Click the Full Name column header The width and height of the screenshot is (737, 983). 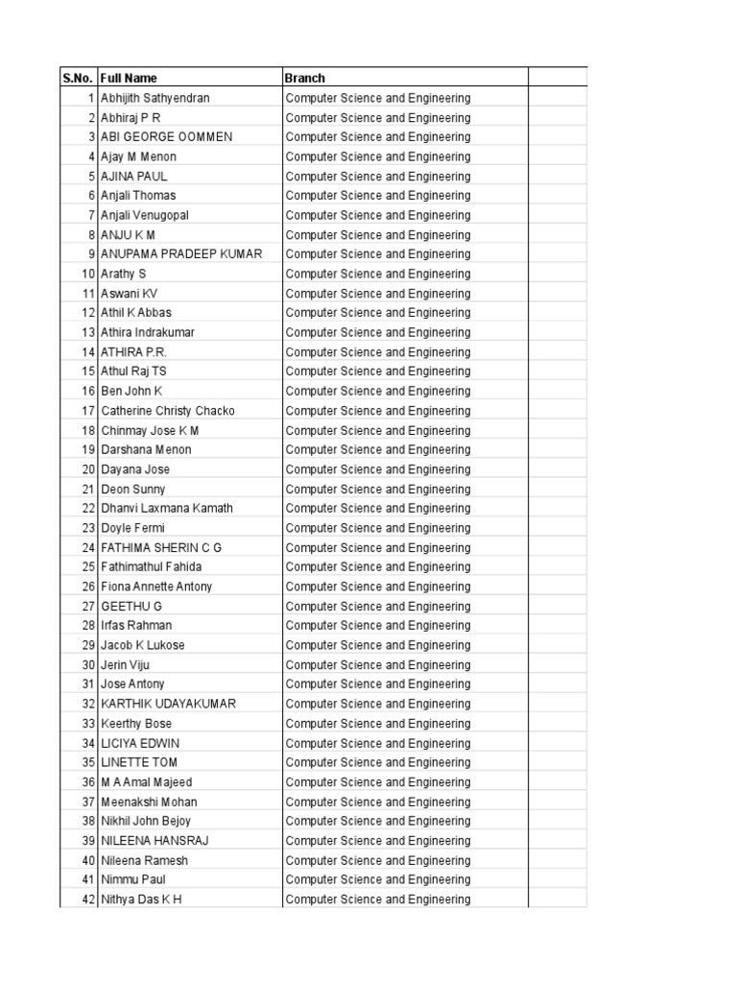[x=129, y=78]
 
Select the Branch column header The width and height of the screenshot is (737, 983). [x=304, y=78]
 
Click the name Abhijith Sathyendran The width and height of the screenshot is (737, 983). [x=155, y=98]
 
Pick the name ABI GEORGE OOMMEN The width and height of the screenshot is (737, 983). [x=167, y=137]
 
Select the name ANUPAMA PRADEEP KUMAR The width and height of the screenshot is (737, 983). [x=181, y=254]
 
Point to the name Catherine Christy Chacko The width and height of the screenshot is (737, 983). [x=168, y=411]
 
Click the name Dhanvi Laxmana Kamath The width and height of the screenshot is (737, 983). [x=167, y=509]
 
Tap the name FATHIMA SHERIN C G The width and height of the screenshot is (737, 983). [x=161, y=547]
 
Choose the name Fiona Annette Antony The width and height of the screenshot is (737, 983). [x=156, y=587]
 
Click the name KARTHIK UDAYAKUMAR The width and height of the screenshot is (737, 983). [x=168, y=704]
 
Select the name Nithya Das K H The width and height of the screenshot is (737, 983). [x=141, y=899]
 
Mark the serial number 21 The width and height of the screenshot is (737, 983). [x=88, y=489]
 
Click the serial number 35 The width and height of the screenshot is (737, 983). [x=88, y=762]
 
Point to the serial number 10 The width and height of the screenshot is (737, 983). [x=88, y=274]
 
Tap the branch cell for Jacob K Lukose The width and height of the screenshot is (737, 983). [x=378, y=645]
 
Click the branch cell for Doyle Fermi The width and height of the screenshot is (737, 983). [x=378, y=528]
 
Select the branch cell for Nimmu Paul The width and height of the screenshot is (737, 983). [x=378, y=879]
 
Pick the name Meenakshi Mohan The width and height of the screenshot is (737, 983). [x=149, y=802]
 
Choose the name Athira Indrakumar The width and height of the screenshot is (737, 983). [x=148, y=332]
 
